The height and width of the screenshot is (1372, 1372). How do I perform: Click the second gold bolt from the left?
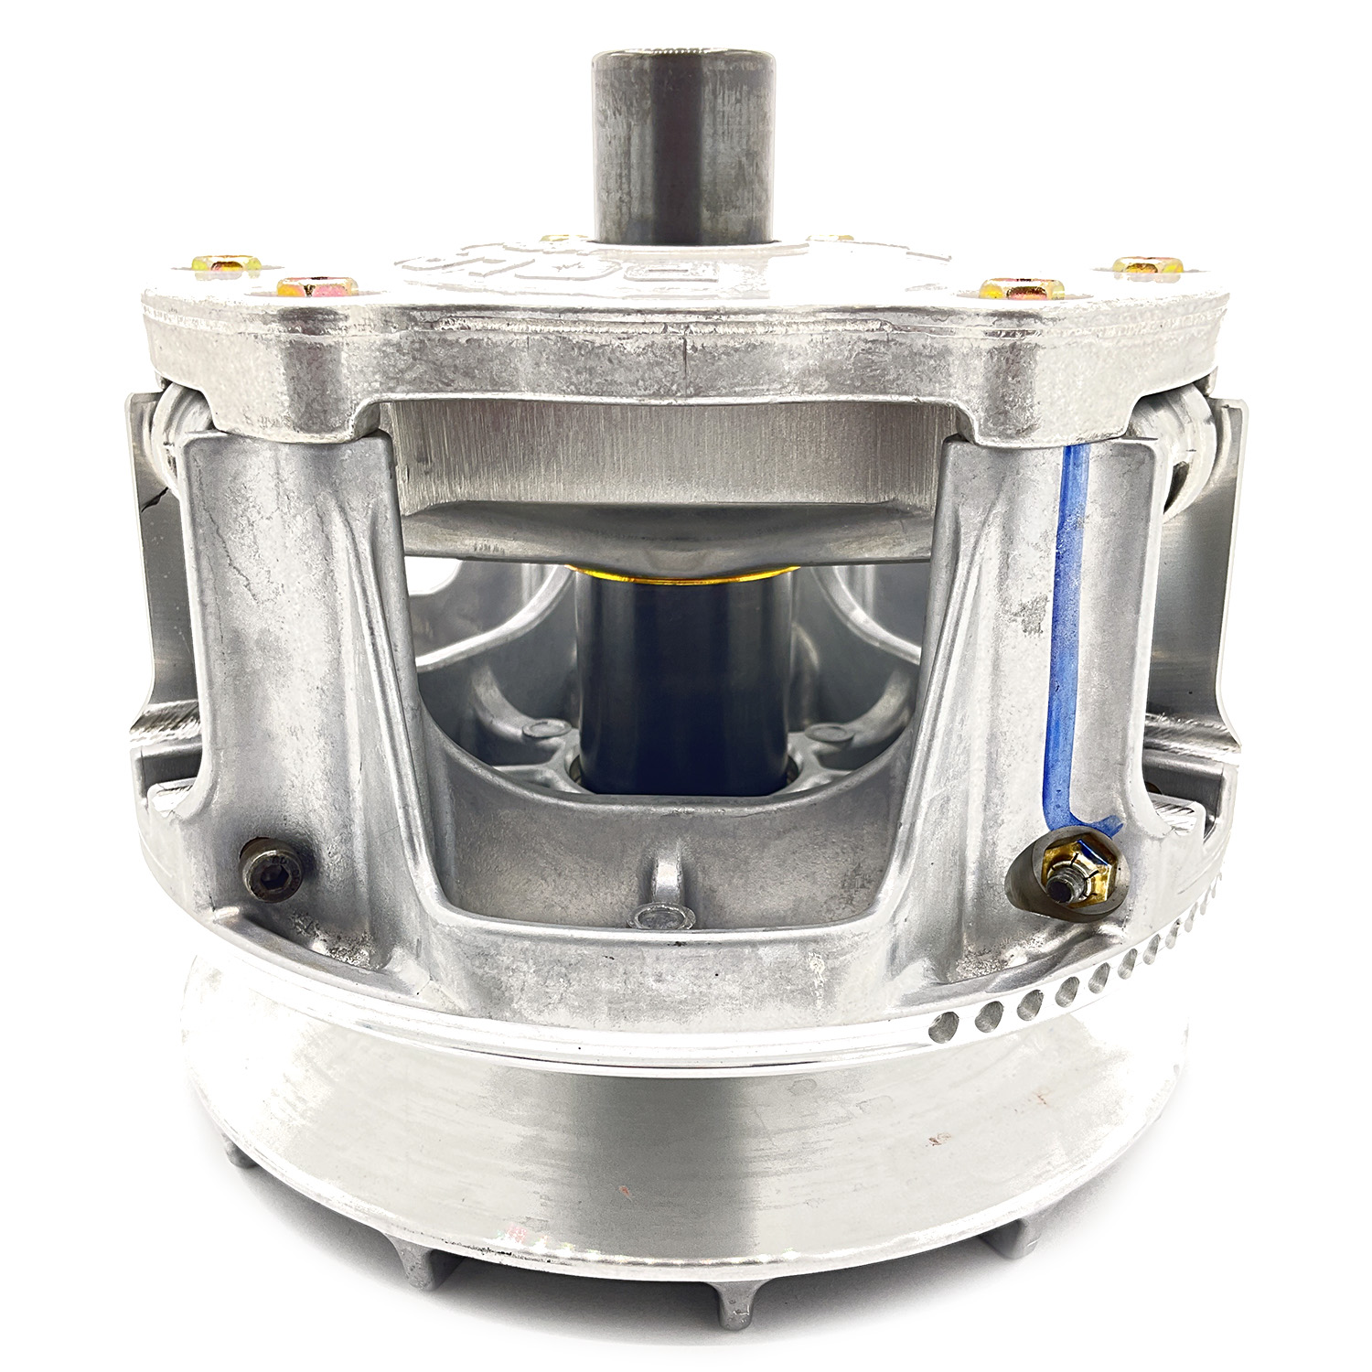click(314, 290)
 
